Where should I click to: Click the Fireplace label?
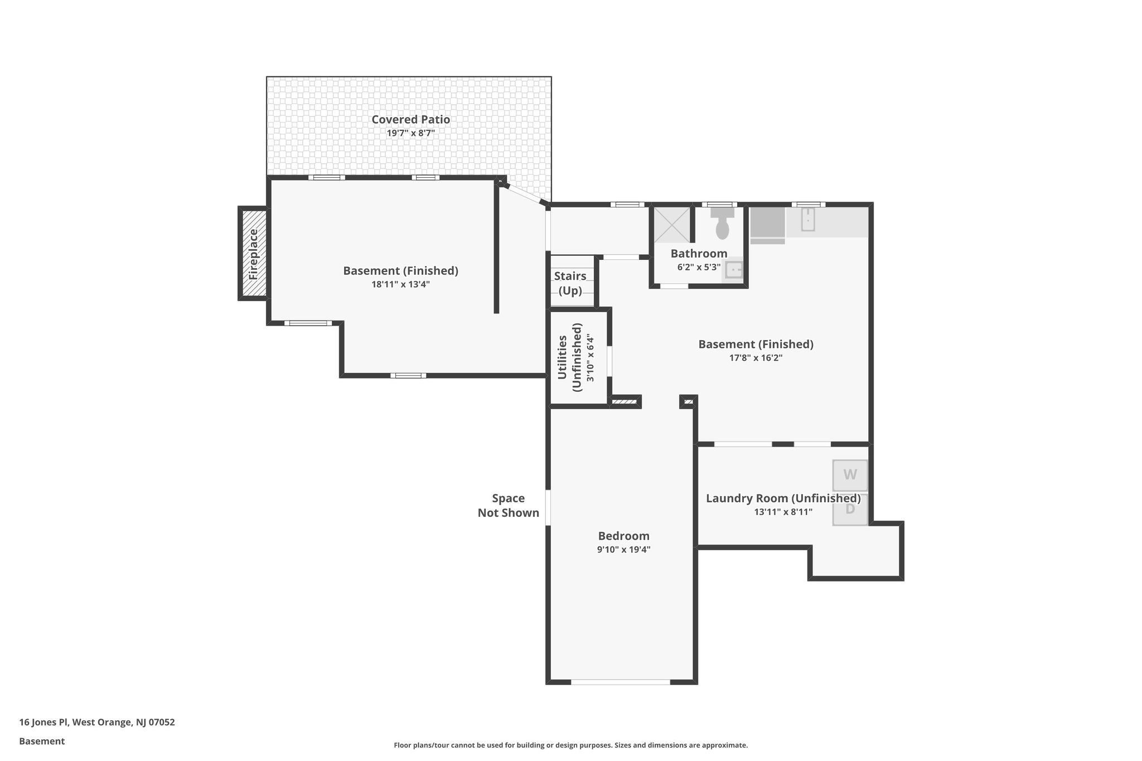pyautogui.click(x=254, y=254)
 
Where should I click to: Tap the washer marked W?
pyautogui.click(x=850, y=475)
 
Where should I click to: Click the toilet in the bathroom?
pyautogui.click(x=722, y=224)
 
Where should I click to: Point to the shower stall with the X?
pyautogui.click(x=671, y=225)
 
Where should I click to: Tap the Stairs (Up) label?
pyautogui.click(x=570, y=283)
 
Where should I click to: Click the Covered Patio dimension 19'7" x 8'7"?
pyautogui.click(x=410, y=133)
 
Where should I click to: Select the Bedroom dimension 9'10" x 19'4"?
pyautogui.click(x=623, y=550)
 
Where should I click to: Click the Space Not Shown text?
pyautogui.click(x=508, y=506)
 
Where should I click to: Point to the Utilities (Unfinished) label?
pyautogui.click(x=570, y=357)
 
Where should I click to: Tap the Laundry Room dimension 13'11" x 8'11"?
pyautogui.click(x=783, y=512)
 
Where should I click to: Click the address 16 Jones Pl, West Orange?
pyautogui.click(x=97, y=722)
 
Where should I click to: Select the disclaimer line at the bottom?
pyautogui.click(x=570, y=745)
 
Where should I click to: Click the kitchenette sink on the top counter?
pyautogui.click(x=807, y=220)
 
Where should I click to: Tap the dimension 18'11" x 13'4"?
pyautogui.click(x=400, y=284)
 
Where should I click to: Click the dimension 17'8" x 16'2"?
pyautogui.click(x=756, y=358)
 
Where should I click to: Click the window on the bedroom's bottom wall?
pyautogui.click(x=621, y=681)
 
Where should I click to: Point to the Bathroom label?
pyautogui.click(x=699, y=254)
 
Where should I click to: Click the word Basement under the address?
pyautogui.click(x=42, y=741)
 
